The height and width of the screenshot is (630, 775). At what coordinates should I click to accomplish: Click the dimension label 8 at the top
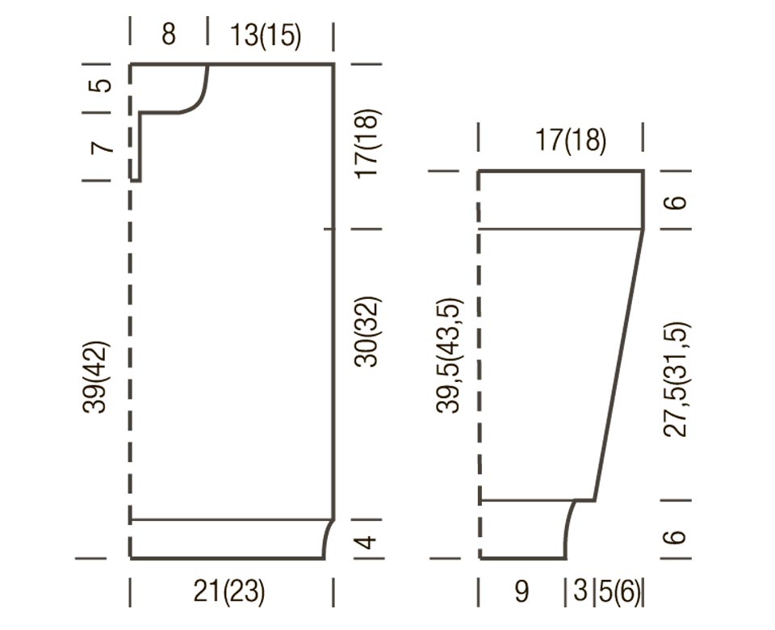coord(169,35)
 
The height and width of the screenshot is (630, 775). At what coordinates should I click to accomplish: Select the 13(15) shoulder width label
coord(266,36)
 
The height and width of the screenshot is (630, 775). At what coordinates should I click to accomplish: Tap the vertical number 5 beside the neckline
coord(100,86)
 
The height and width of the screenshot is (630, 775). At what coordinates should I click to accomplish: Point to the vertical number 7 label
coord(101,147)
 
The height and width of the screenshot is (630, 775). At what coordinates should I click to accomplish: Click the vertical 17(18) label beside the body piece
coord(367,144)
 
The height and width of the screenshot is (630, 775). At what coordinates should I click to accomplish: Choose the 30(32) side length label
coord(367,331)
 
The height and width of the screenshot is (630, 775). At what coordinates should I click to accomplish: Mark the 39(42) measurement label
coord(96,377)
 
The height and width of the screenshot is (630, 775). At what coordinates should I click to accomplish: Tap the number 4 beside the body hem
coord(367,543)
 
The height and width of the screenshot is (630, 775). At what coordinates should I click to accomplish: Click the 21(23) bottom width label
coord(228,591)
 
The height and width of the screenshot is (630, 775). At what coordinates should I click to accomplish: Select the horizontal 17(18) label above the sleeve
coord(571,141)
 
